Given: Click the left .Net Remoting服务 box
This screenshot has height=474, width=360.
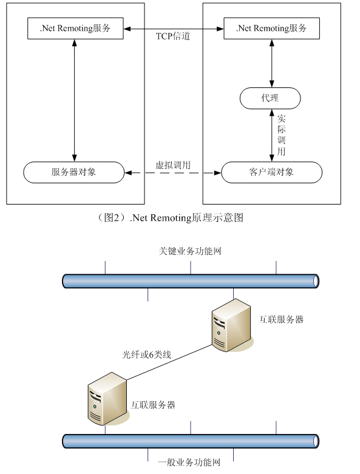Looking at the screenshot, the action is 75,28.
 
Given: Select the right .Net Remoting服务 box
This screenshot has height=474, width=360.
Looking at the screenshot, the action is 271,28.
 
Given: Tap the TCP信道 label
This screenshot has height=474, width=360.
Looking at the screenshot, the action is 173,36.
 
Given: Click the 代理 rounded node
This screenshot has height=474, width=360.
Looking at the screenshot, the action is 270,98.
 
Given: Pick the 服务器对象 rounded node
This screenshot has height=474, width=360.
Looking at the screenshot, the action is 73,172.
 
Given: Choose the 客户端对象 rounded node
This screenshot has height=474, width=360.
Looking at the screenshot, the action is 272,172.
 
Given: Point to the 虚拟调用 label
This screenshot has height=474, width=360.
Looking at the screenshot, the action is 173,165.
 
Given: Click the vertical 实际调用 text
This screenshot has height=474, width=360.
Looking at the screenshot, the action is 282,135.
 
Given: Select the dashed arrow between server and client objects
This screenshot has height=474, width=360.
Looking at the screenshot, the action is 173,173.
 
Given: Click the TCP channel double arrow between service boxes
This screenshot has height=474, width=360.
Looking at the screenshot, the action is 174,29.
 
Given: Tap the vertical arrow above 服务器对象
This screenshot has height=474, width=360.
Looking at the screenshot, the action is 74,100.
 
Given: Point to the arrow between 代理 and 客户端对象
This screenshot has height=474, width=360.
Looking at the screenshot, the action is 272,135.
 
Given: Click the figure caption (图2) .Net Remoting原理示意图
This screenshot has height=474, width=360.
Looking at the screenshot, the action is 170,218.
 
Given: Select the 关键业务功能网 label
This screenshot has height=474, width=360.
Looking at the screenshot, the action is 190,251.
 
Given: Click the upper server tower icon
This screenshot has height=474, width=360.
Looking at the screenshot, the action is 231,325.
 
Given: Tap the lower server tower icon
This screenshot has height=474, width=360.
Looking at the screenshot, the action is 107,399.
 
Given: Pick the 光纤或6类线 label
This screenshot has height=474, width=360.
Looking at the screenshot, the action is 146,354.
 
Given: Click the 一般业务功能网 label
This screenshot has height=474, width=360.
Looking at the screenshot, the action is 189,462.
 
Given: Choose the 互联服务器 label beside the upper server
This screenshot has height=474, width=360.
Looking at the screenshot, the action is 281,319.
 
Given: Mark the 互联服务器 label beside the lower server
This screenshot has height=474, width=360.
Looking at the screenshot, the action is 153,405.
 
